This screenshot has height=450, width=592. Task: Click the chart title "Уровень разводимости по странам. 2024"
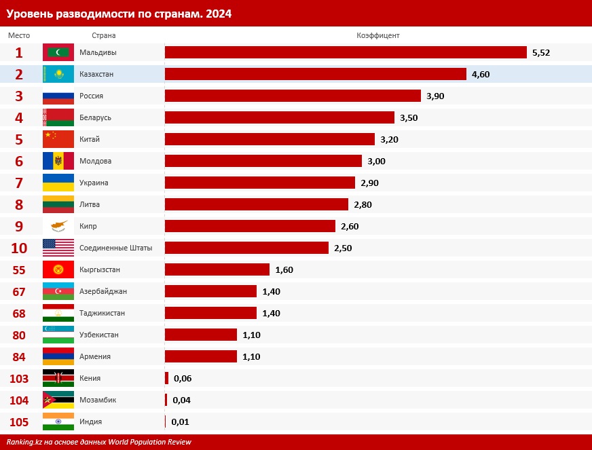(x=119, y=13)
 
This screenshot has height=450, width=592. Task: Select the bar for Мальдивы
(x=346, y=52)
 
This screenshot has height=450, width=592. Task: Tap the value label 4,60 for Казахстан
(x=481, y=74)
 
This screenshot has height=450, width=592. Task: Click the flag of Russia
(x=58, y=96)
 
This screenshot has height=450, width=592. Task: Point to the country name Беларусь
(x=95, y=117)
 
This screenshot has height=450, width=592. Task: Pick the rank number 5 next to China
(x=19, y=139)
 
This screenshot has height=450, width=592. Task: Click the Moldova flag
(x=58, y=161)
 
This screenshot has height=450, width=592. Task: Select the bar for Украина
(x=260, y=183)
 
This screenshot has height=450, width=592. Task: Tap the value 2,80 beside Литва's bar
(x=363, y=204)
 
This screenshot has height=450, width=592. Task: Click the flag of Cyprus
(x=58, y=226)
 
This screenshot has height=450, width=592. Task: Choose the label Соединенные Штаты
(x=115, y=248)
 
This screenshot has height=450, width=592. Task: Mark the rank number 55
(x=19, y=269)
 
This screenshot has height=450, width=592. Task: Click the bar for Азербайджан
(x=210, y=291)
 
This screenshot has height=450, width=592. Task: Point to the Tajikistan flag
(x=58, y=313)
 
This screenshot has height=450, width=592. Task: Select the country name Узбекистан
(x=99, y=335)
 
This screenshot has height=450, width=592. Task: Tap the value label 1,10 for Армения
(x=251, y=356)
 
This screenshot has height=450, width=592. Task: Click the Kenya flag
(x=58, y=378)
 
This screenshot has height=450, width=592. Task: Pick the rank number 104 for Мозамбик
(x=19, y=400)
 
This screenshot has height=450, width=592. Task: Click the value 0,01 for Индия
(x=180, y=421)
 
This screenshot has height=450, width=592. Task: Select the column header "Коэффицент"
(x=378, y=35)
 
